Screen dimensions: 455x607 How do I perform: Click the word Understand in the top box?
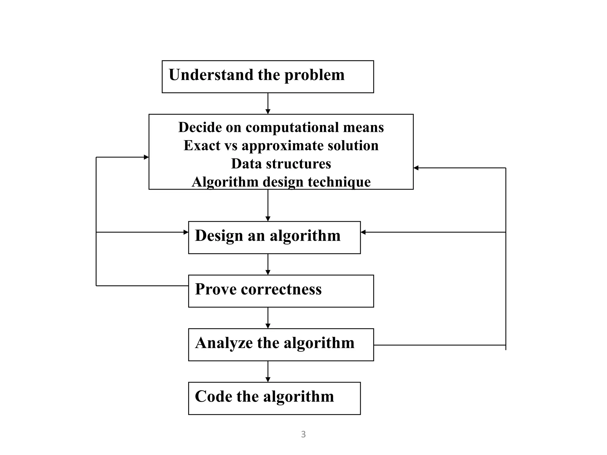[210, 75]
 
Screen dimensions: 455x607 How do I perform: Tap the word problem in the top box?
[314, 75]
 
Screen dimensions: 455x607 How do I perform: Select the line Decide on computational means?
[281, 127]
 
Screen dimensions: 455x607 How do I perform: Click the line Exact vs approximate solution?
[281, 145]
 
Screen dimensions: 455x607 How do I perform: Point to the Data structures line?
[281, 164]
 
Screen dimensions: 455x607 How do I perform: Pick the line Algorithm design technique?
[281, 182]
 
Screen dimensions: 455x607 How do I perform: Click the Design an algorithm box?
[274, 237]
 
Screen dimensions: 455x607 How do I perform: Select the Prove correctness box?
[281, 291]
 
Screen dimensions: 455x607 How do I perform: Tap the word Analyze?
[224, 343]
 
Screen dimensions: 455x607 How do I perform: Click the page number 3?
[303, 434]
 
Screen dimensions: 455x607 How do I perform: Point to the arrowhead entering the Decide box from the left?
[146, 157]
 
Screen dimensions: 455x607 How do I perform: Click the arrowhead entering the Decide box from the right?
[416, 168]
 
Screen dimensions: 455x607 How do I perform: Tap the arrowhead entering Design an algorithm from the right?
[363, 232]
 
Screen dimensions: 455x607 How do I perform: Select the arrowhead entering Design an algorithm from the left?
[186, 232]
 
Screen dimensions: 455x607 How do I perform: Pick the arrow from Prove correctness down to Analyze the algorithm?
[268, 318]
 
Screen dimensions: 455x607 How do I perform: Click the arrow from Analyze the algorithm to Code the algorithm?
[268, 371]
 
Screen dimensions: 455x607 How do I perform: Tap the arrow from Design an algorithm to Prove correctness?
[268, 264]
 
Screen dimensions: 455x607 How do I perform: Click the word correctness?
[281, 289]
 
